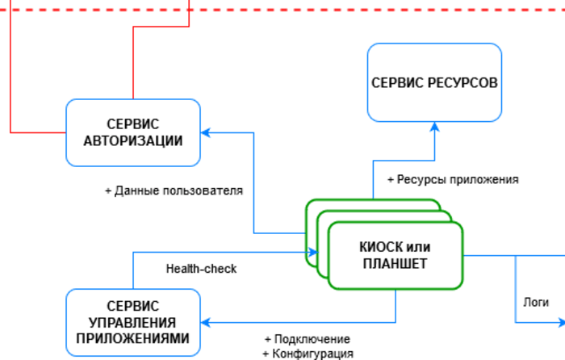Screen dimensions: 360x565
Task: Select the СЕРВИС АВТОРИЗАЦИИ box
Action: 133,132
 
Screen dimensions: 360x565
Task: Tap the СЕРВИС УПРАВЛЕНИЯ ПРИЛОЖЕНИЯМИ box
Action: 133,322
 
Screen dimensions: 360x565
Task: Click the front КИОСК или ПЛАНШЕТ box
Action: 395,255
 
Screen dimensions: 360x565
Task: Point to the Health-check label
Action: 201,269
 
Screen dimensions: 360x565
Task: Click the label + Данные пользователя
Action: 174,191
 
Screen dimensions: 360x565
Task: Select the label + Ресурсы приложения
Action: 453,179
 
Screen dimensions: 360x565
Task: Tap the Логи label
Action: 536,302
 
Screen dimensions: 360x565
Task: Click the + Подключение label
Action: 307,339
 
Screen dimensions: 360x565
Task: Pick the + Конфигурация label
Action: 308,354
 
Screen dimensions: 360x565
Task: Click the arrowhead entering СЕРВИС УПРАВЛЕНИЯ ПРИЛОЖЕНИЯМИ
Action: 206,322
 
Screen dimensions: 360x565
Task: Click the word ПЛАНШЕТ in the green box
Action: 395,263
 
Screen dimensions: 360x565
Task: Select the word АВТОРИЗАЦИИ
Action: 133,140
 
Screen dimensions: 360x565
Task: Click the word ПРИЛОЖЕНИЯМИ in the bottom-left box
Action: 133,337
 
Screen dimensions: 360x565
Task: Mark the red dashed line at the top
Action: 323,10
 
